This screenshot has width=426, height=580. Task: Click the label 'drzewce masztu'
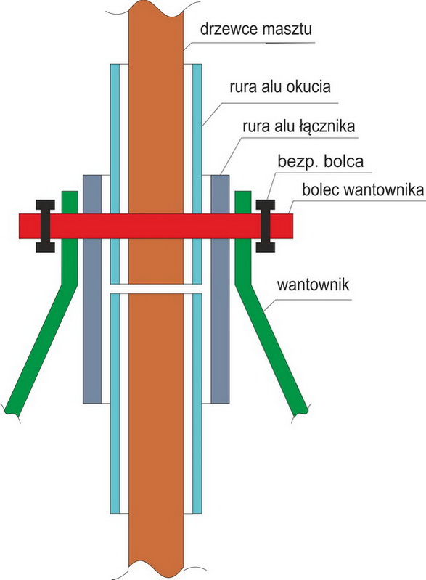256,29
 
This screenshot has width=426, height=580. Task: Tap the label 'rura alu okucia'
280,87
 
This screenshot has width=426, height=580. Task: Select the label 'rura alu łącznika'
299,126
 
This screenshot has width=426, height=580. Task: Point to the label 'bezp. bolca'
320,161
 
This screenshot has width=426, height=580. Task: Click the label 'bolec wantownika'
363,189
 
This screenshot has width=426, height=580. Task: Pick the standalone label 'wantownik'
313,285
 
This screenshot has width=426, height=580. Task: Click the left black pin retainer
45,226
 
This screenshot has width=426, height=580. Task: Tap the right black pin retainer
266,226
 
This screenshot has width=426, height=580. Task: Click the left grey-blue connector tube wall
92,289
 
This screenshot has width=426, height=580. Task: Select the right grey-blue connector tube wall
220,289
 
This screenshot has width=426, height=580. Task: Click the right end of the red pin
293,226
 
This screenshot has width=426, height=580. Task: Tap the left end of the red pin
19,226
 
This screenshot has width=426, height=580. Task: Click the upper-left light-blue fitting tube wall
115,173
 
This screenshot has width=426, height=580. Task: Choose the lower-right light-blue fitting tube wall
197,404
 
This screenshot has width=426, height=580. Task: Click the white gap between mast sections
156,289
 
